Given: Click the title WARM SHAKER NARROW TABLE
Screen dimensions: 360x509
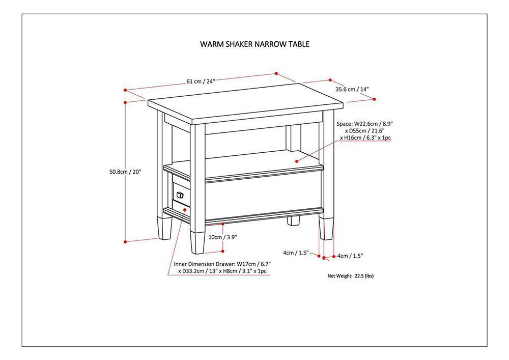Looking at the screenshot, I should tap(254, 44).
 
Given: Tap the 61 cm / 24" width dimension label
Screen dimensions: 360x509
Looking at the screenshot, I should tap(201, 81).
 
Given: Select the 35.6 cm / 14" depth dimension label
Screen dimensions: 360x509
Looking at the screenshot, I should tap(352, 89).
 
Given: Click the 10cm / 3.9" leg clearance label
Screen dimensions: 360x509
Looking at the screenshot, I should tap(222, 237).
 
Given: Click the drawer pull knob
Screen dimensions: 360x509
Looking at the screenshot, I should tap(179, 194).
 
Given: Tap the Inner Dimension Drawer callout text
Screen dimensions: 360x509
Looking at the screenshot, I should tap(222, 268).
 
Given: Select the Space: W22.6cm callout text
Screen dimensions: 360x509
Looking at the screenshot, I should tap(365, 131).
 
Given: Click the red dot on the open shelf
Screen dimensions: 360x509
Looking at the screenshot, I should tap(297, 160).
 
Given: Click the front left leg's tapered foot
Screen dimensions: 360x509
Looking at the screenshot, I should tap(197, 242).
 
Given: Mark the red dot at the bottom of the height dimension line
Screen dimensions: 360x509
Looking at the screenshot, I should tap(125, 242).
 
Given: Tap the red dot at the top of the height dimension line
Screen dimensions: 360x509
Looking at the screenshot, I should tap(125, 102).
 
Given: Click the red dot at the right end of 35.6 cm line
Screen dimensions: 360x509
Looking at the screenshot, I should tap(375, 99).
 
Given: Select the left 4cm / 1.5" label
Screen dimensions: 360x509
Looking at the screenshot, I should tap(296, 253).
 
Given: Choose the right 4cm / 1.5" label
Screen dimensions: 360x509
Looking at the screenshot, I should tap(350, 256).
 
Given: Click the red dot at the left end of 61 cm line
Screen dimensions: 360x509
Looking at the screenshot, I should tap(125, 89).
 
